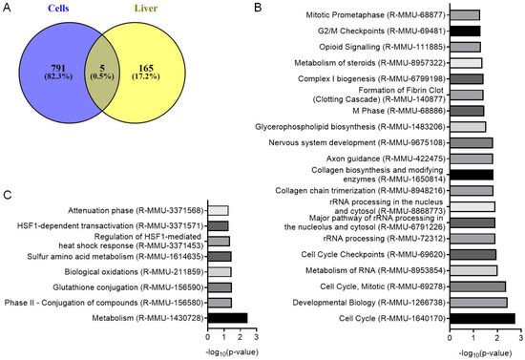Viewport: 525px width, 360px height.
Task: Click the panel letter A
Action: point(8,8)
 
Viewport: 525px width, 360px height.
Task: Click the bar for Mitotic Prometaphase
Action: point(465,14)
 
